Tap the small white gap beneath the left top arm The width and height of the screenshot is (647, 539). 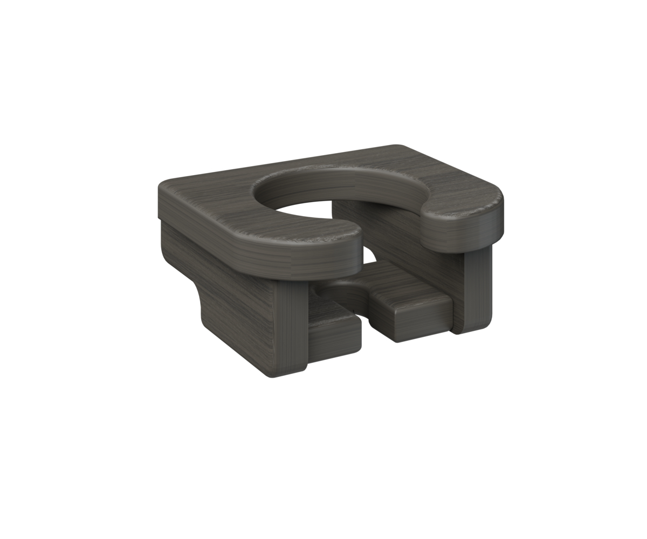pyautogui.click(x=369, y=255)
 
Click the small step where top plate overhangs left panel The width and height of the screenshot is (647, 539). pyautogui.click(x=160, y=219)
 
